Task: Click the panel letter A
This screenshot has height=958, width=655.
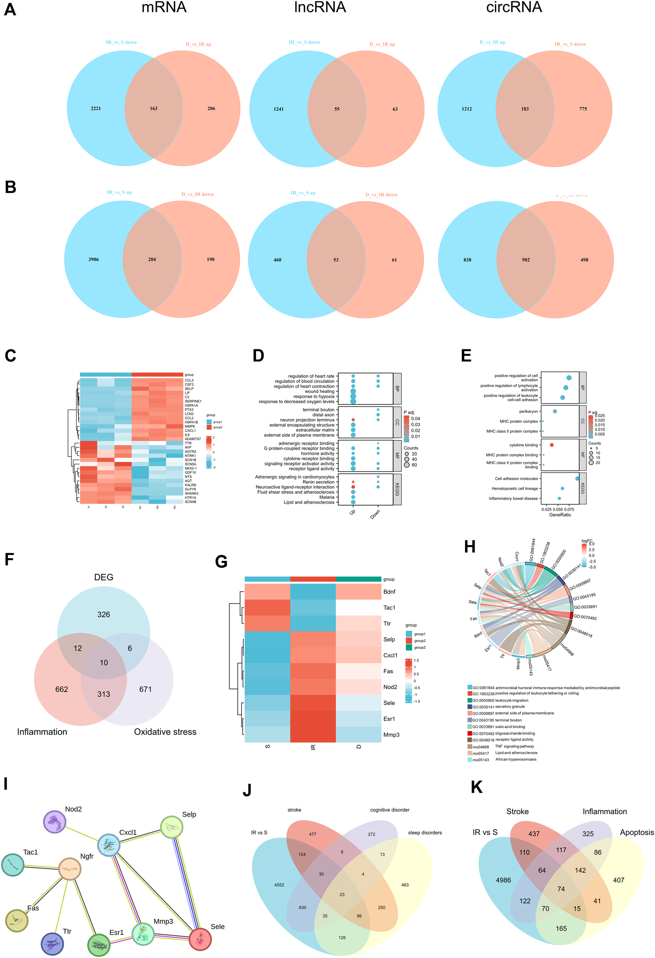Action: pyautogui.click(x=10, y=9)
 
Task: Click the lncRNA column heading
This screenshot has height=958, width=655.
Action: pyautogui.click(x=319, y=7)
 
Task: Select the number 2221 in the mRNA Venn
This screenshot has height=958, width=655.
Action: pyautogui.click(x=96, y=108)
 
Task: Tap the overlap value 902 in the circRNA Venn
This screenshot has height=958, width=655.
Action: pyautogui.click(x=526, y=260)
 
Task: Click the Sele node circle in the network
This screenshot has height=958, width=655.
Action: pyautogui.click(x=200, y=939)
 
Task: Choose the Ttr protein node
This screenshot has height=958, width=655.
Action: pyautogui.click(x=52, y=944)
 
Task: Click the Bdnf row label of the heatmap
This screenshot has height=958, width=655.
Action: pyautogui.click(x=389, y=591)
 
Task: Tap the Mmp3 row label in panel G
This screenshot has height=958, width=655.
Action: pyautogui.click(x=391, y=735)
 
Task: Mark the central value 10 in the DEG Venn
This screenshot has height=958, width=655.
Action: pyautogui.click(x=104, y=662)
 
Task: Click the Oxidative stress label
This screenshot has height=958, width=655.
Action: pyautogui.click(x=165, y=732)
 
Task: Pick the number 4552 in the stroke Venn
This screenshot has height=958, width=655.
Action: pyautogui.click(x=279, y=885)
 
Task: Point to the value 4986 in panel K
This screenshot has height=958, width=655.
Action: pyautogui.click(x=503, y=880)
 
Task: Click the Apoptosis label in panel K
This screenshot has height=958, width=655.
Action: pyautogui.click(x=636, y=832)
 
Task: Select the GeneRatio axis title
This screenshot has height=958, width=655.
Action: pyautogui.click(x=560, y=514)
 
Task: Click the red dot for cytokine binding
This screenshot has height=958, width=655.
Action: pyautogui.click(x=552, y=445)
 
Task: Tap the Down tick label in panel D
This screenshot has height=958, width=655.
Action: pyautogui.click(x=375, y=514)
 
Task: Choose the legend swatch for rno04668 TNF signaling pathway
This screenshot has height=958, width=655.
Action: pyautogui.click(x=470, y=747)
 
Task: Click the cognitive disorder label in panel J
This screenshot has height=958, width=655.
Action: pyautogui.click(x=390, y=810)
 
